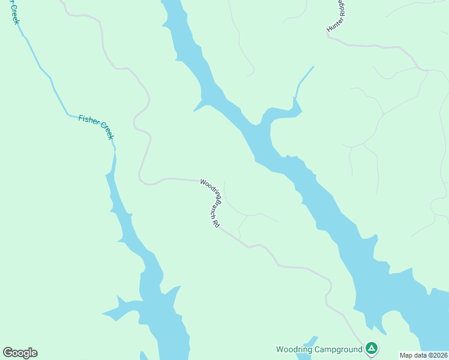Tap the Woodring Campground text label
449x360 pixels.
319,349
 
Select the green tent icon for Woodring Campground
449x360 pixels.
372,349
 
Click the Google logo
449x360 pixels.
20,353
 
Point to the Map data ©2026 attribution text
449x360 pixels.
423,355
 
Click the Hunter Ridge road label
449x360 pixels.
337,16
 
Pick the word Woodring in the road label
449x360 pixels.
209,187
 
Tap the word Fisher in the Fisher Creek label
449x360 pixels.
87,122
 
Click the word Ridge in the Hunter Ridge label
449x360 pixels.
342,9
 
